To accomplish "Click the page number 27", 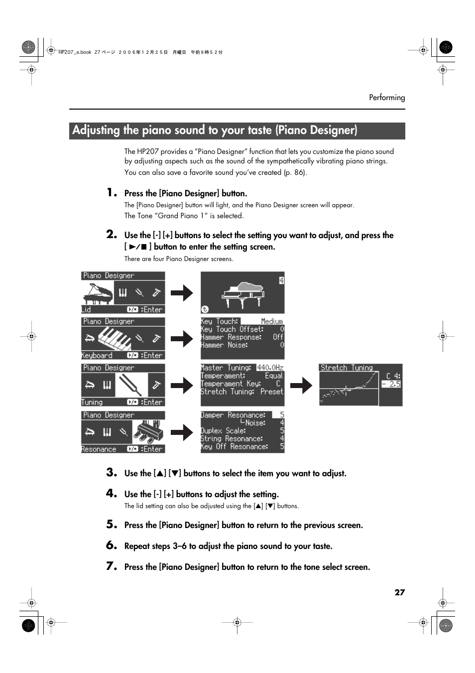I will [399, 592].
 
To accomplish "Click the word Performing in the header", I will [387, 98].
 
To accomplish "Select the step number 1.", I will [112, 192].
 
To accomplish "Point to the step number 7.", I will [112, 566].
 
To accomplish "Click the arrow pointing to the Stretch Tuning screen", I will [301, 385].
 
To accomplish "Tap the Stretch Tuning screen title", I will [347, 368].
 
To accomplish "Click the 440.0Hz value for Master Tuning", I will [270, 368].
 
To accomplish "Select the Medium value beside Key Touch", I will [272, 321].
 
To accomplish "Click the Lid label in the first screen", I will [86, 309].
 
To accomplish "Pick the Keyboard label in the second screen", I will [97, 355].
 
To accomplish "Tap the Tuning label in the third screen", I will [92, 402].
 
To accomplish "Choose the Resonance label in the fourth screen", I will [99, 449].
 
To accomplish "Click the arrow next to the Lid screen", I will [182, 293].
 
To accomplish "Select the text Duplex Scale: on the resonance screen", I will [223, 431].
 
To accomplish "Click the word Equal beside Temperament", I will [274, 376].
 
